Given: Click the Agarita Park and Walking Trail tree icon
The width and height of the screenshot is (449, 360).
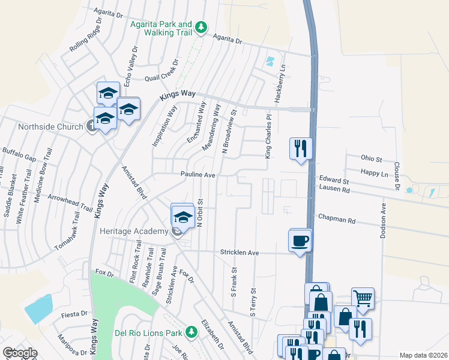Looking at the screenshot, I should [x=202, y=28].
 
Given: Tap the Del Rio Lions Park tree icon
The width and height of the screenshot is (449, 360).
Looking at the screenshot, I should [x=191, y=331].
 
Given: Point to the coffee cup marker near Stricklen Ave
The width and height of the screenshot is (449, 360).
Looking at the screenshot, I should [x=300, y=241].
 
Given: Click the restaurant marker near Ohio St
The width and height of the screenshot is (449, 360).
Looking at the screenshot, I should [x=300, y=149].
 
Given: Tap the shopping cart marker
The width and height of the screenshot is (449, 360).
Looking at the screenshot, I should [x=363, y=298].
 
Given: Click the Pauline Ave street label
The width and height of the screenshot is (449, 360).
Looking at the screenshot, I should [x=198, y=174].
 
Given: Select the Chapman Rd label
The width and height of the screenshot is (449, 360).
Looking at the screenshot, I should [x=337, y=221].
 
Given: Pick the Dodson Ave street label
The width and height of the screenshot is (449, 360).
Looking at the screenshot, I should [x=383, y=220].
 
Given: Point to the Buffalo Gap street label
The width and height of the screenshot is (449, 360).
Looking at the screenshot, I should [x=19, y=155].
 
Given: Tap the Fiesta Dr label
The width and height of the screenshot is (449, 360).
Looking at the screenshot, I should [x=74, y=314].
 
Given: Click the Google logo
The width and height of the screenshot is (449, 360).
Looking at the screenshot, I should [x=20, y=353].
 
